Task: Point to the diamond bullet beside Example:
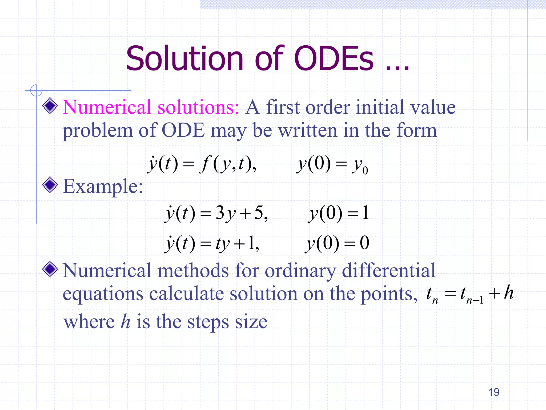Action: pos(50,185)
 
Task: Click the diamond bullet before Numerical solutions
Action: pos(50,106)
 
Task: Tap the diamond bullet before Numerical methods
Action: pos(50,269)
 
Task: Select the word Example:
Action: pos(103,186)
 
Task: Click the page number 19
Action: pos(493,392)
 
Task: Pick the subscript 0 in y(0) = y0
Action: pos(365,170)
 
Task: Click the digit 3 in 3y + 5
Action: pos(220,213)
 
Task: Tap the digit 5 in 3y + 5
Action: pos(259,213)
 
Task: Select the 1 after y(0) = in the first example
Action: pos(366,213)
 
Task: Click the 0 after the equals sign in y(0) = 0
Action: pos(364,243)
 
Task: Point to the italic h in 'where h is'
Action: pos(125,321)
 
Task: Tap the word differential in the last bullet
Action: pos(388,270)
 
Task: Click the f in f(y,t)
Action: pos(205,164)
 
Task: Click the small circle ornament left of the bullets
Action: pos(36,90)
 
